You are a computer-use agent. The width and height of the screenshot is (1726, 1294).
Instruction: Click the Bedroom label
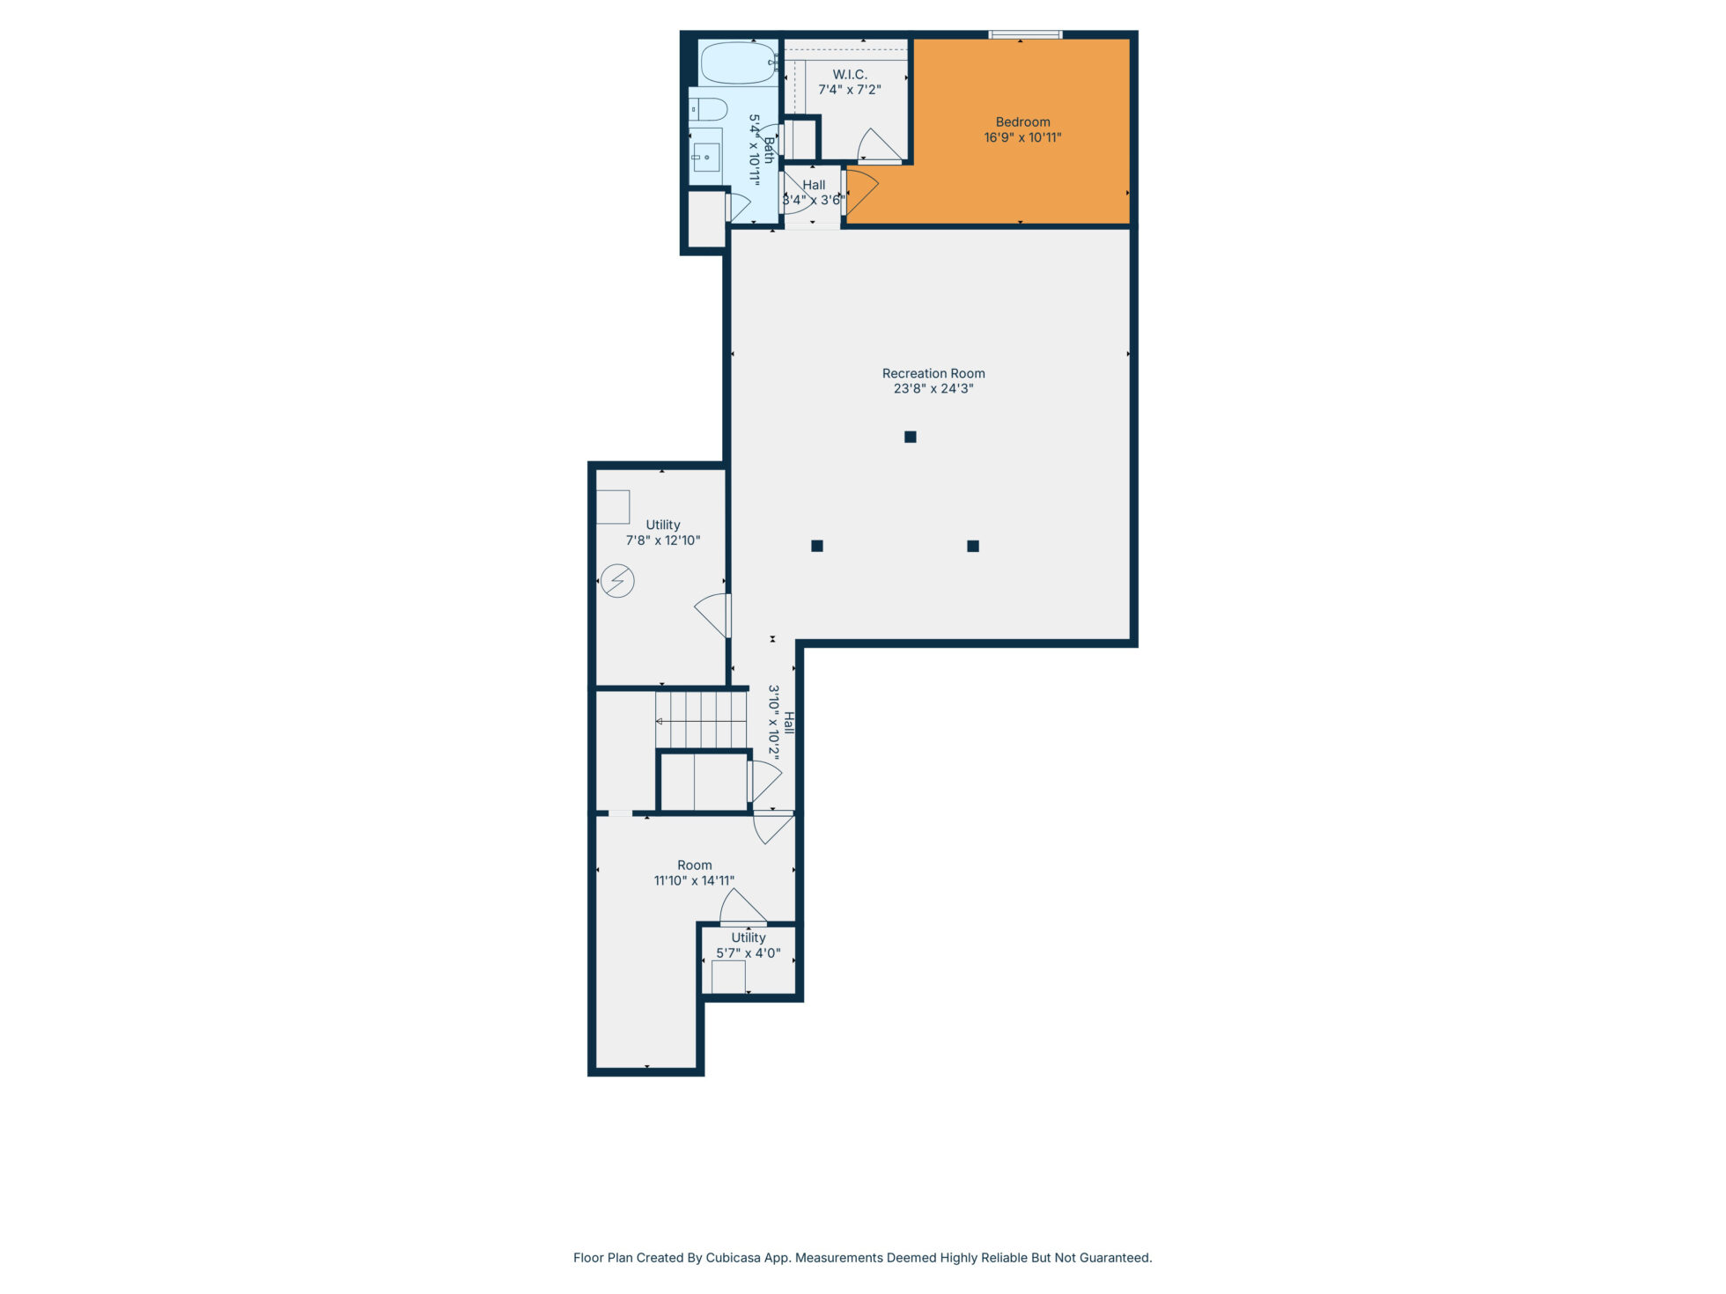(x=1022, y=122)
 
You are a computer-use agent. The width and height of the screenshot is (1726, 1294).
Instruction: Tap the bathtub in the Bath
(x=738, y=62)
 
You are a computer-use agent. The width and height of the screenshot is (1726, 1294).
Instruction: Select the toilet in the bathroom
(x=708, y=109)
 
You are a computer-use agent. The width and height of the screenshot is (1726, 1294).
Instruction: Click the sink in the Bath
(x=705, y=157)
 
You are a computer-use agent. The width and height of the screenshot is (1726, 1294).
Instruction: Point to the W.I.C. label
(x=850, y=75)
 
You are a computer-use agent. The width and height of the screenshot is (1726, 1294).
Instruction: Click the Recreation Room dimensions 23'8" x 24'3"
(x=933, y=388)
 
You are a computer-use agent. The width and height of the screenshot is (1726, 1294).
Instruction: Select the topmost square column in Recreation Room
(x=911, y=437)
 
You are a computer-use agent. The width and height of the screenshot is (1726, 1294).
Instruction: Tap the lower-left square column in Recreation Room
(x=817, y=546)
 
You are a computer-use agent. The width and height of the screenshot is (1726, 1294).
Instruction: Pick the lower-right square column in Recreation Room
(x=973, y=546)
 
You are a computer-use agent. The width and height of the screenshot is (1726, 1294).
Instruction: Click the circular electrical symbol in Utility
(x=617, y=581)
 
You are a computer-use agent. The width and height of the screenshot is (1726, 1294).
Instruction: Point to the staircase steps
(x=701, y=720)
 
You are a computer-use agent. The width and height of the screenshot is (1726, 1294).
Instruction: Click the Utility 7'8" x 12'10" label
(x=663, y=533)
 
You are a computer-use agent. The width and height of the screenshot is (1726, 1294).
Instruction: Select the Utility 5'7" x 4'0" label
(x=749, y=945)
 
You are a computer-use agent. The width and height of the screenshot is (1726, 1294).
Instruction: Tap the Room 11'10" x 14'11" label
(x=694, y=872)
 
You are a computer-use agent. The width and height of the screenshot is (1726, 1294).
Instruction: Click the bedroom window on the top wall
(x=1025, y=35)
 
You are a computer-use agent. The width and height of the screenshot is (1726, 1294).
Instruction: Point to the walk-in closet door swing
(x=879, y=146)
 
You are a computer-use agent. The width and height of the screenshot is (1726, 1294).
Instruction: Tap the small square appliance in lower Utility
(x=728, y=977)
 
